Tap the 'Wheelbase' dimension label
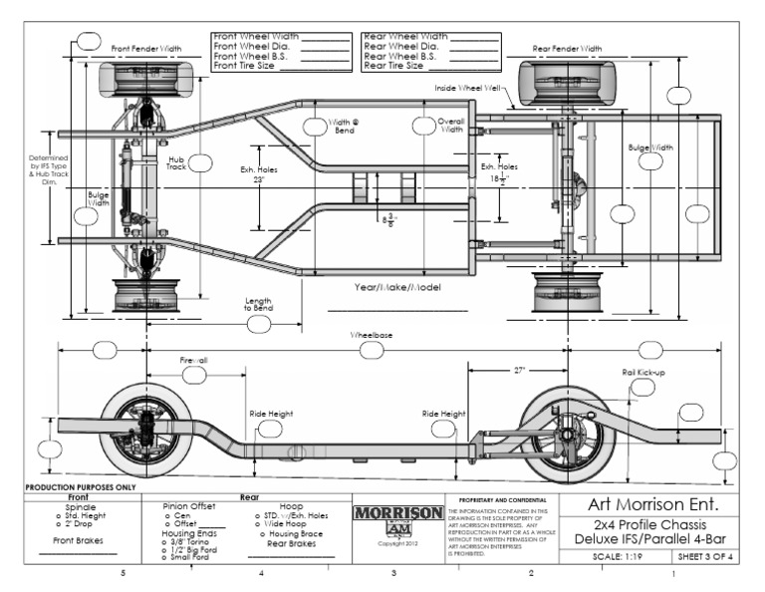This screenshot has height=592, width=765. coord(372,336)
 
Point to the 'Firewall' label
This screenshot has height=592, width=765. coord(193,360)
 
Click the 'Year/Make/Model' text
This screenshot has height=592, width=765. coord(397,287)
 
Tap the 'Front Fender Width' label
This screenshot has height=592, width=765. coord(146,48)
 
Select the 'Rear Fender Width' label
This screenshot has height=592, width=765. coord(567,48)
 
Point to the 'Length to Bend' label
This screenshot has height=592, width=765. coord(258,305)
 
